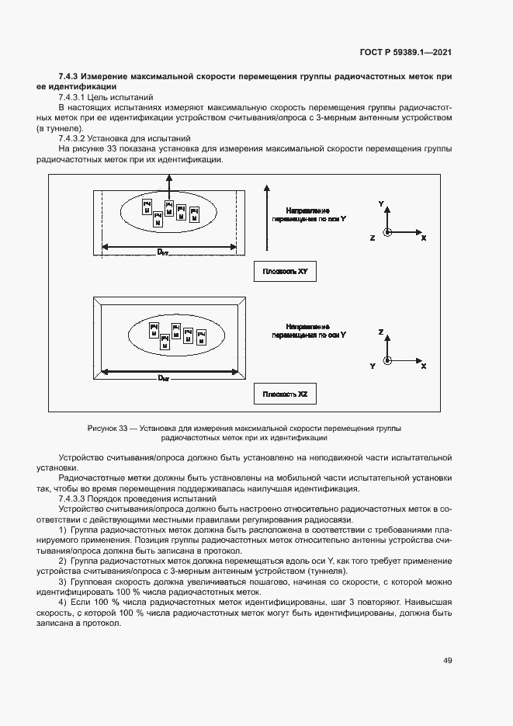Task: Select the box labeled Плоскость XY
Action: pos(286,271)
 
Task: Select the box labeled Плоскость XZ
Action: pos(286,394)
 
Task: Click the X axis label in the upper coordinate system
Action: pos(423,238)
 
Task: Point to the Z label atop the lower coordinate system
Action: pos(381,332)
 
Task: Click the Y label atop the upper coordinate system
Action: pos(381,203)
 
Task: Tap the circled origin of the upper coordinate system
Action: pos(388,232)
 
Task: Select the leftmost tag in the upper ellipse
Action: pos(146,207)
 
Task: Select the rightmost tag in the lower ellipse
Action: pos(202,337)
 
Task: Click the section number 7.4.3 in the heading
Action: pos(70,76)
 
